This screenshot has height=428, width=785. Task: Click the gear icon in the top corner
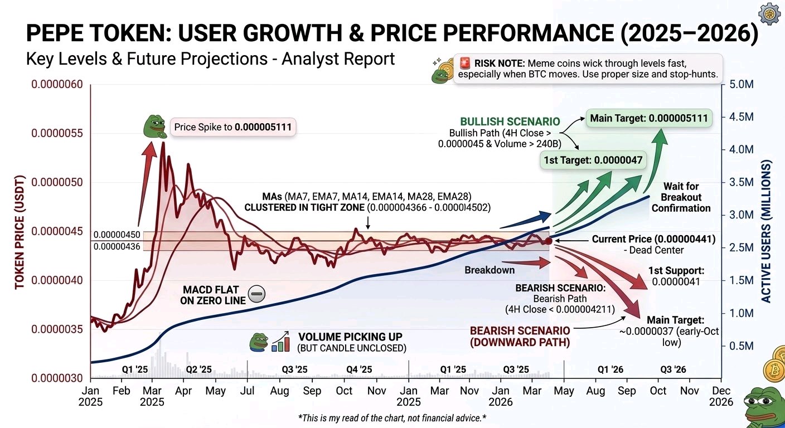(769, 14)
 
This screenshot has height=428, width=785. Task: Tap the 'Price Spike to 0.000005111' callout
(232, 127)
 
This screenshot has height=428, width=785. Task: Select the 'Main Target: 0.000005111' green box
(649, 118)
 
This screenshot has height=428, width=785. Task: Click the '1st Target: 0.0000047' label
(593, 160)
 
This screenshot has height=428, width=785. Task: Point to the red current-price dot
(549, 241)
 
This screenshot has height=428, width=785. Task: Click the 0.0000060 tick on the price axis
(57, 84)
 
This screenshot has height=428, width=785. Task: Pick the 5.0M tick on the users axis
(741, 84)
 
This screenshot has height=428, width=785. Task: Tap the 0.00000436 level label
(117, 246)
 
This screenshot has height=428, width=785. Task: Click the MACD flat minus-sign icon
(256, 294)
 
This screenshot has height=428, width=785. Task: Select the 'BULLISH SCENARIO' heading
(510, 121)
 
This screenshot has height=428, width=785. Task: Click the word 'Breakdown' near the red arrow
(490, 270)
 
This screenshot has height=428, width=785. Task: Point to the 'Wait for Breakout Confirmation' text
(681, 197)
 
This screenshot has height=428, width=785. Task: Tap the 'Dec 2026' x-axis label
(721, 396)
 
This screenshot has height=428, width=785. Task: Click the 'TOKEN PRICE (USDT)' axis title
(20, 232)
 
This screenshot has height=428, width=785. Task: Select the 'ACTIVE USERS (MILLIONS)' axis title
(766, 231)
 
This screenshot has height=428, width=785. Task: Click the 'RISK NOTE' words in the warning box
(500, 64)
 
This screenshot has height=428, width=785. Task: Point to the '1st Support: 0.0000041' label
(676, 276)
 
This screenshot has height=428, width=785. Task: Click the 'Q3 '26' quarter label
(673, 369)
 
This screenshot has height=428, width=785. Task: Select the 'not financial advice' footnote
(392, 418)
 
